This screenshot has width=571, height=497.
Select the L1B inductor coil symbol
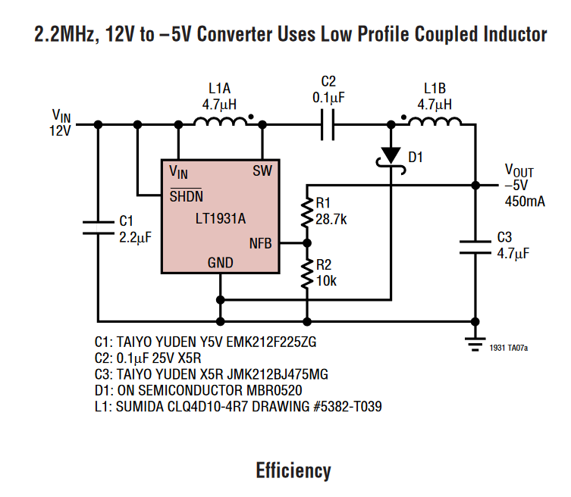click(x=435, y=122)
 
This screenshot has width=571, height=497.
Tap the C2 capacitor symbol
click(x=328, y=123)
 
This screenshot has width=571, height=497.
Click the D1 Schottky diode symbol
click(x=391, y=155)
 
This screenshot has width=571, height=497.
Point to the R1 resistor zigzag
click(x=307, y=213)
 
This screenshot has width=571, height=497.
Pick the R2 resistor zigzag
click(x=307, y=274)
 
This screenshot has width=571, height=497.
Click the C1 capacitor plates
click(x=99, y=227)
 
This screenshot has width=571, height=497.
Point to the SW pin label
click(x=262, y=170)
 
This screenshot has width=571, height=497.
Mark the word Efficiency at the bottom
click(x=293, y=470)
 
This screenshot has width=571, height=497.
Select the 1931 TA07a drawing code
click(x=508, y=348)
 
